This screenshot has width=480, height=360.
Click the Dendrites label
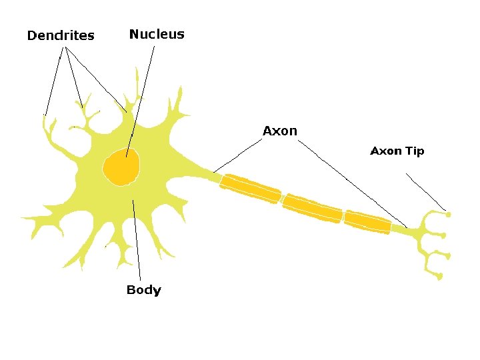(x=61, y=35)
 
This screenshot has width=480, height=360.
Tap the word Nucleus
(x=157, y=34)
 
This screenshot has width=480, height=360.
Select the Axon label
(x=280, y=131)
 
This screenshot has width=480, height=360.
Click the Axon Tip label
(x=397, y=151)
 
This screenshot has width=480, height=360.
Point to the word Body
(x=143, y=290)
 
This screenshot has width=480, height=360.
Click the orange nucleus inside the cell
(x=121, y=166)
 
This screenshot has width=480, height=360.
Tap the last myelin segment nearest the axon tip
(x=367, y=222)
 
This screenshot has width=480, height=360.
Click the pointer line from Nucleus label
(x=141, y=100)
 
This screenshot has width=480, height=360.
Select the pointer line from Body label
(x=137, y=240)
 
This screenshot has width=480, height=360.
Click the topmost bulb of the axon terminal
(x=448, y=215)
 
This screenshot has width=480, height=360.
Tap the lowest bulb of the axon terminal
(x=440, y=277)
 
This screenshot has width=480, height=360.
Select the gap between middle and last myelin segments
(x=343, y=215)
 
